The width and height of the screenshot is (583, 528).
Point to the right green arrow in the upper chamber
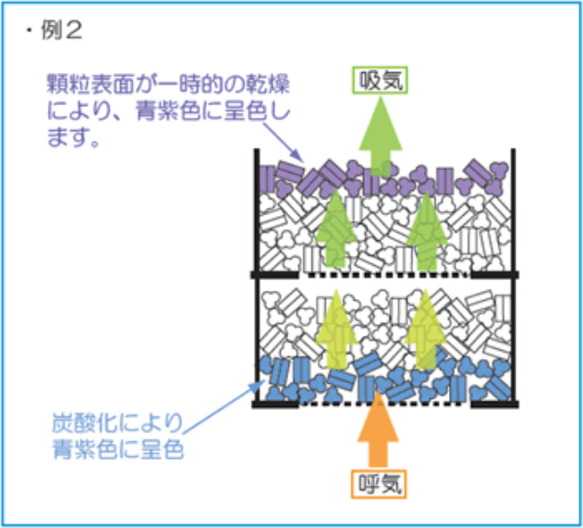click(426, 231)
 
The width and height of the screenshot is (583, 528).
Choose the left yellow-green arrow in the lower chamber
click(334, 328)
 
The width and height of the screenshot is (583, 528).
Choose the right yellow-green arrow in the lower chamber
click(424, 328)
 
